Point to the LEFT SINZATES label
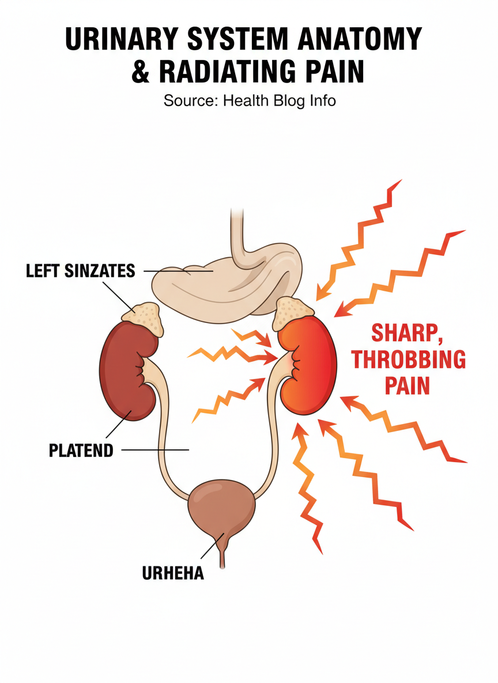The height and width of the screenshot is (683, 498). pyautogui.click(x=80, y=270)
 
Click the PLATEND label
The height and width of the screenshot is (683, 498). pyautogui.click(x=81, y=450)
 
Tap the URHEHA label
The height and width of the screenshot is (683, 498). pyautogui.click(x=173, y=574)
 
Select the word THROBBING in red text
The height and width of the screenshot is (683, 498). pyautogui.click(x=408, y=359)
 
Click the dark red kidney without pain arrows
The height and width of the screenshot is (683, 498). pyautogui.click(x=126, y=369)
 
